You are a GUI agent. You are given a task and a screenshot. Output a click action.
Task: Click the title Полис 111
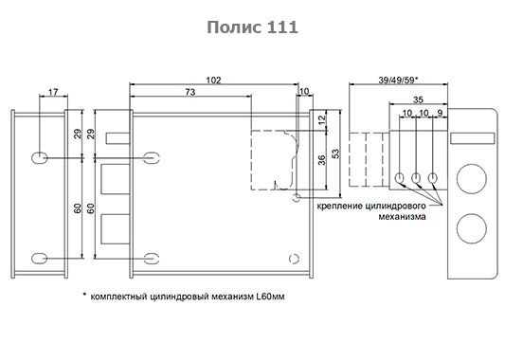point(252,27)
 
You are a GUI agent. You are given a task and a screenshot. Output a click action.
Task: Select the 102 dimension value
point(214,80)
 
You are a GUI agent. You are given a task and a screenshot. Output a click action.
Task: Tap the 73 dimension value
point(190,92)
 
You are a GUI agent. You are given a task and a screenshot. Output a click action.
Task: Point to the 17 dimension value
point(53,92)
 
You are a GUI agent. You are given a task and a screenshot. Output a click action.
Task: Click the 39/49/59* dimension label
point(398,80)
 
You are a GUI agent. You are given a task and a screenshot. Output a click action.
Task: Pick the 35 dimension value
point(418,99)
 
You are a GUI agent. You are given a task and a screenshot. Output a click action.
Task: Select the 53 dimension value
point(335,153)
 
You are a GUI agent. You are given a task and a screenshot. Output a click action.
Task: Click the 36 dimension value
point(321,160)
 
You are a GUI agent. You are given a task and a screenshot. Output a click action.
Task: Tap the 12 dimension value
point(321,120)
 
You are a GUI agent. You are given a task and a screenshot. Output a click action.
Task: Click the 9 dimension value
point(441,113)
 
